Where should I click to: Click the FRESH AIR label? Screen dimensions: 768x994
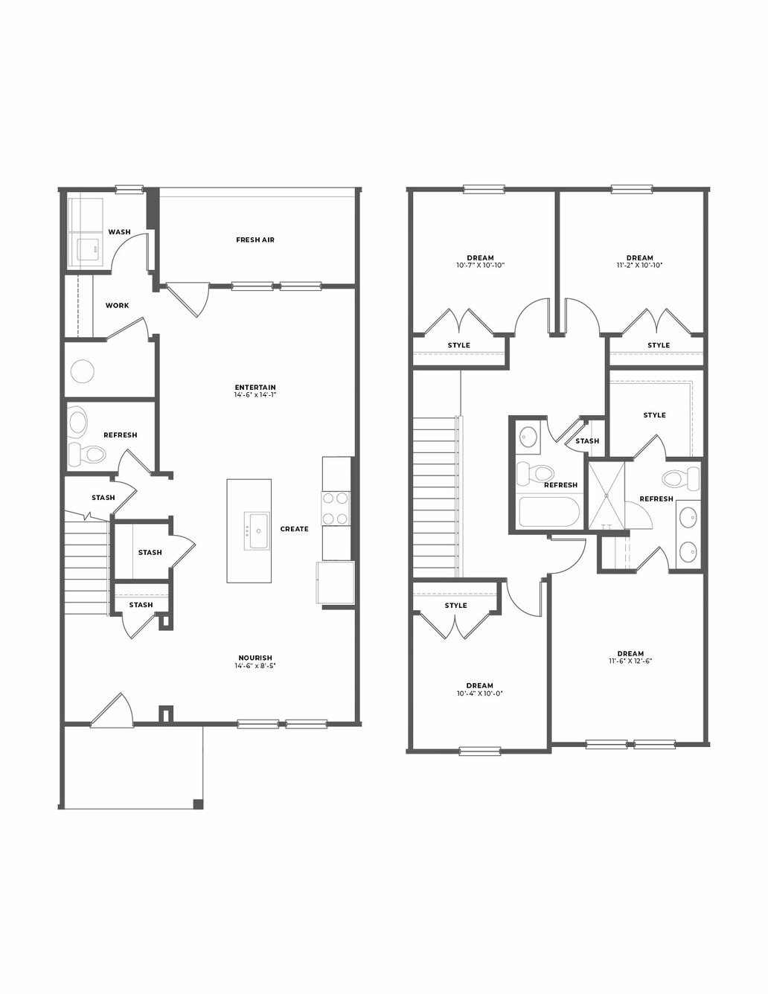255,240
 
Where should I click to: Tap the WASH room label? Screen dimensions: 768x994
119,232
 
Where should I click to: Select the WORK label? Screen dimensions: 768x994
117,306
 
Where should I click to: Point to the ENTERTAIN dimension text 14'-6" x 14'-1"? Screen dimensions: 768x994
255,394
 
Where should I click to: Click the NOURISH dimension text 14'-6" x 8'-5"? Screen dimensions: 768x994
255,666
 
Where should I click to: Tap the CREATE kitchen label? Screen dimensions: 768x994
294,529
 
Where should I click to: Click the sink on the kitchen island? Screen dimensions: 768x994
256,530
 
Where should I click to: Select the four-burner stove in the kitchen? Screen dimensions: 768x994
336,507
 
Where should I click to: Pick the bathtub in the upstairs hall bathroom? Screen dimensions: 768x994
550,511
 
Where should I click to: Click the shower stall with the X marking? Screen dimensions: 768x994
606,496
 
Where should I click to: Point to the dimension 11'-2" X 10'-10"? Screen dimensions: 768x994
640,265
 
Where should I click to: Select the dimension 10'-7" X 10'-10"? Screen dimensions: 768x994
480,265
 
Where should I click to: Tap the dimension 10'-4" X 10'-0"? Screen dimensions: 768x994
479,693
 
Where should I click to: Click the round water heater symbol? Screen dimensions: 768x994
83,371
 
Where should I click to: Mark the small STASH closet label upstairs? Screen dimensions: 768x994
587,441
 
